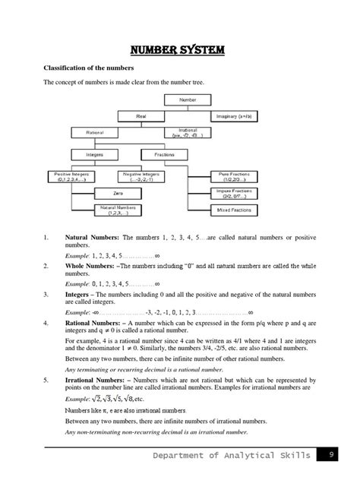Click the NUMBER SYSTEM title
click(180, 52)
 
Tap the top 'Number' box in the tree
click(188, 99)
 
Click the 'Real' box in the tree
click(141, 116)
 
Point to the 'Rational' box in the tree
click(94, 132)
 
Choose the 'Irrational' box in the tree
click(188, 132)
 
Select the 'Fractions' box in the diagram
click(164, 154)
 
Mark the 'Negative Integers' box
click(142, 177)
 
